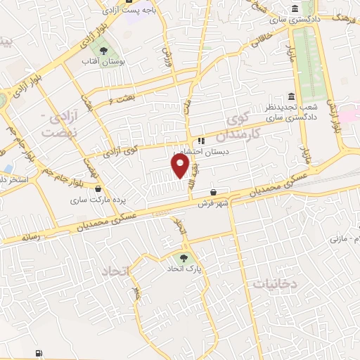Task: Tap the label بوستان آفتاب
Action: [103, 63]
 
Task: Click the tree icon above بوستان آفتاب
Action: [103, 51]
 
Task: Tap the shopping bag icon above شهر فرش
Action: [214, 193]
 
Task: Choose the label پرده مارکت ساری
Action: [98, 200]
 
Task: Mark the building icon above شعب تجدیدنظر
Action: [291, 96]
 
